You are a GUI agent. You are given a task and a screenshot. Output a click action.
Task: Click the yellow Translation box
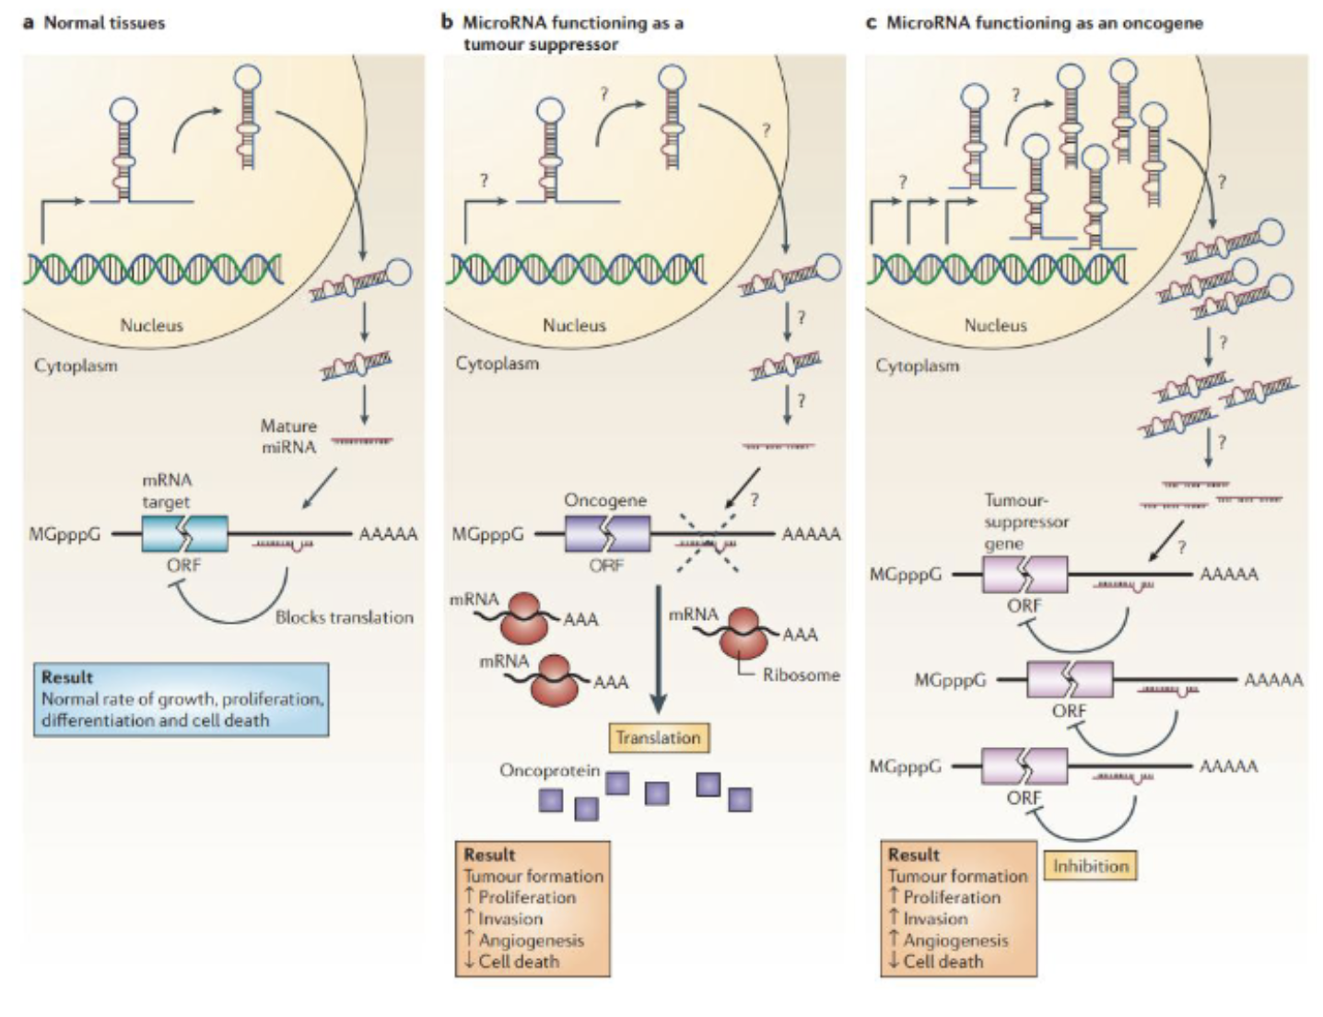click(x=658, y=738)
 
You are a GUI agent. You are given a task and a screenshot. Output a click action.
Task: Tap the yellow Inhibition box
click(x=1090, y=866)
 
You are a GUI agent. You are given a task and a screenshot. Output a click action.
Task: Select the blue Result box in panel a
click(x=181, y=698)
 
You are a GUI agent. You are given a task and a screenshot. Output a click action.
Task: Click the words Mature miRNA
click(x=288, y=437)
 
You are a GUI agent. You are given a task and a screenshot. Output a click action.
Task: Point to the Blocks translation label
click(x=344, y=617)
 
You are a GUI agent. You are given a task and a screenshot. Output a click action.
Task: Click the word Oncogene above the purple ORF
click(x=605, y=500)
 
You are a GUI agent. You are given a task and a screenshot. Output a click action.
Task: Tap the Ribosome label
click(x=801, y=675)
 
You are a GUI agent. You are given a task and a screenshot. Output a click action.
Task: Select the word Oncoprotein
click(x=549, y=770)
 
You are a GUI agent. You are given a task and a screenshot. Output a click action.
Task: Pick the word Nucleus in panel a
click(x=151, y=325)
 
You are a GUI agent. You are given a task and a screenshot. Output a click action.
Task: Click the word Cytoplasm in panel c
click(x=917, y=366)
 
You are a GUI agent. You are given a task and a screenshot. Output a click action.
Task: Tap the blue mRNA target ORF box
click(x=184, y=533)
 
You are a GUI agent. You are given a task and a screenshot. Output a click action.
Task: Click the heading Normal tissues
click(x=104, y=23)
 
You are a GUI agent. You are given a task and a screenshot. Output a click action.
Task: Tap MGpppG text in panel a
click(x=64, y=534)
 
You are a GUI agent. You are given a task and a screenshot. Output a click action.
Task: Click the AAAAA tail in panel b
click(x=811, y=534)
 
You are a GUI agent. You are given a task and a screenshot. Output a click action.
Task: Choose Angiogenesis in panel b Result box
click(x=531, y=941)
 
